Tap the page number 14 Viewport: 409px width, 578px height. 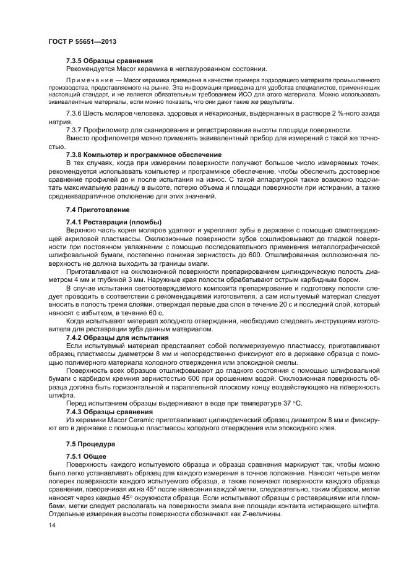tap(51, 525)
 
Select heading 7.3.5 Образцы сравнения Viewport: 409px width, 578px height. tap(110, 61)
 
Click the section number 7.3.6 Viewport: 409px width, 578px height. tap(74, 115)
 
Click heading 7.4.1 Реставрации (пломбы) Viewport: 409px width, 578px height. tap(114, 222)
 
